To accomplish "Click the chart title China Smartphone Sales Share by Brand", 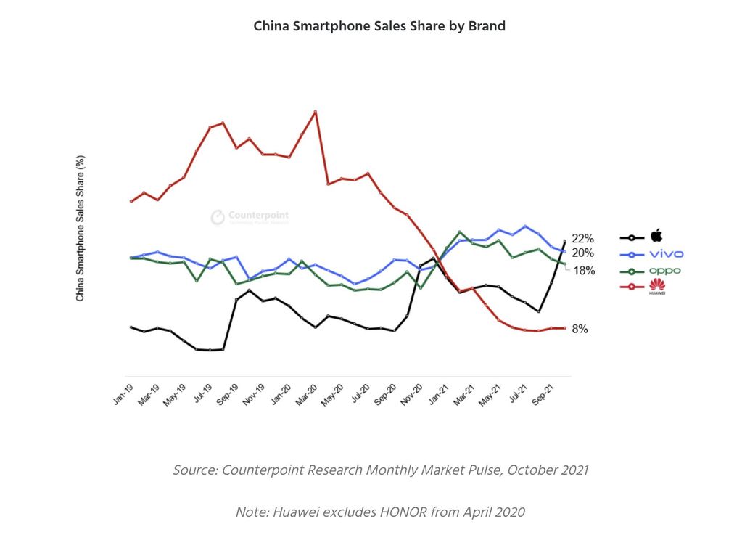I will tap(379, 26).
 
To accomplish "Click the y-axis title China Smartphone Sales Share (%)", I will tap(81, 228).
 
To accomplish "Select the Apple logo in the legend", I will tap(656, 235).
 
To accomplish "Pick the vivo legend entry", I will tap(666, 254).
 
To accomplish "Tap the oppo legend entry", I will tap(665, 271).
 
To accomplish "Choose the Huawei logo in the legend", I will tap(659, 289).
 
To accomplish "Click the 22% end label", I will tap(583, 238).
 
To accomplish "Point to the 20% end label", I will tap(583, 253).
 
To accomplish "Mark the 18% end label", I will tap(584, 271).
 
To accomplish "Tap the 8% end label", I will tap(580, 329).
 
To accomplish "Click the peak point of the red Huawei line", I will tap(315, 112).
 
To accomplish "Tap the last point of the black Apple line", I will tap(565, 241).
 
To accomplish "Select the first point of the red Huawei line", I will tap(131, 201).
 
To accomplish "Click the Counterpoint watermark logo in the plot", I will tap(218, 217).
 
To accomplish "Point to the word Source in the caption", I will tap(194, 470).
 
